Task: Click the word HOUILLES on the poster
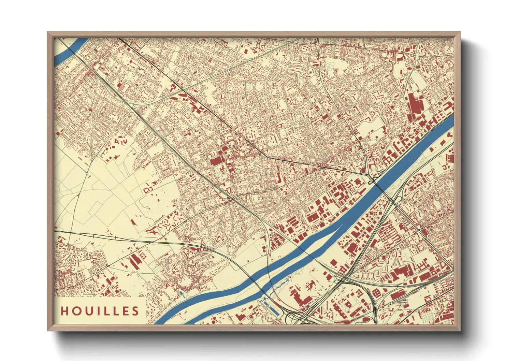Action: pos(100,311)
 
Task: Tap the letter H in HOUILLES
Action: pos(64,311)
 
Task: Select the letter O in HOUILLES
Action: pos(75,311)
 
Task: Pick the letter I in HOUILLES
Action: pos(96,311)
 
